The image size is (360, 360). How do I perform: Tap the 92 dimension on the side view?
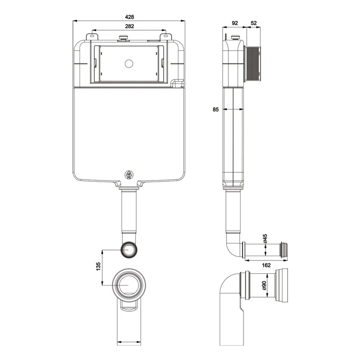pos(235,23)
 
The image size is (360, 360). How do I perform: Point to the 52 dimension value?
pos(253,23)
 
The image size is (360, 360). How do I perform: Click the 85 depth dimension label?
pos(216,109)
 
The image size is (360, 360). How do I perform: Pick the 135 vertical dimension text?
pos(98,267)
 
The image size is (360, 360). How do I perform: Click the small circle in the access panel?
pos(129,64)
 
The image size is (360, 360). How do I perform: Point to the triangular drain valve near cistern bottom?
pos(129,175)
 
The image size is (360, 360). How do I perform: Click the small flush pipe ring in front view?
pos(129,249)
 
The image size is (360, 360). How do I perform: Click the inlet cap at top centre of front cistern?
pos(124,37)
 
